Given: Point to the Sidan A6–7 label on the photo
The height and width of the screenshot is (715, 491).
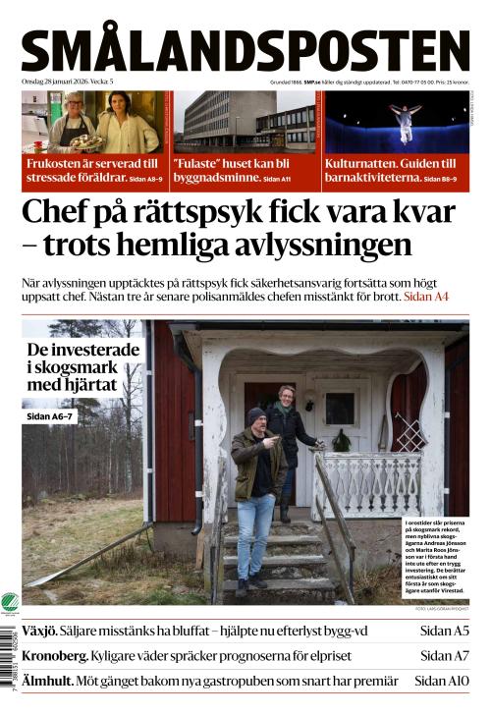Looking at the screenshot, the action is pyautogui.click(x=54, y=415).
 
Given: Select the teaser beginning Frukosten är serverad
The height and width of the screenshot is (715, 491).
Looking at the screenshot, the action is pyautogui.click(x=94, y=170).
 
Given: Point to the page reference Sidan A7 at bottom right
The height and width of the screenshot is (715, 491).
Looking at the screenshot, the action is pyautogui.click(x=445, y=655).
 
